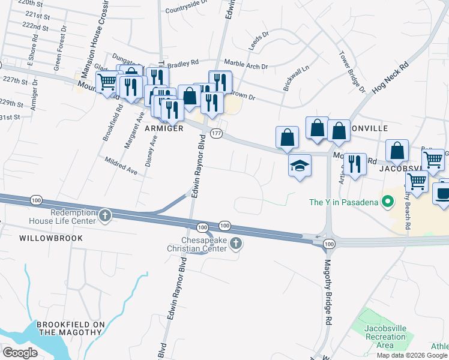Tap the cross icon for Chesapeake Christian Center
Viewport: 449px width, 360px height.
[x=236, y=244]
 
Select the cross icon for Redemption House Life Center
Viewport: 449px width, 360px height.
[x=105, y=215]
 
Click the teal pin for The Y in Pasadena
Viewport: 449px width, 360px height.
[x=388, y=202]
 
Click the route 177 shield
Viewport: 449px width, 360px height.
[x=217, y=133]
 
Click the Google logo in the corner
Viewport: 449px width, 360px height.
[x=20, y=353]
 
